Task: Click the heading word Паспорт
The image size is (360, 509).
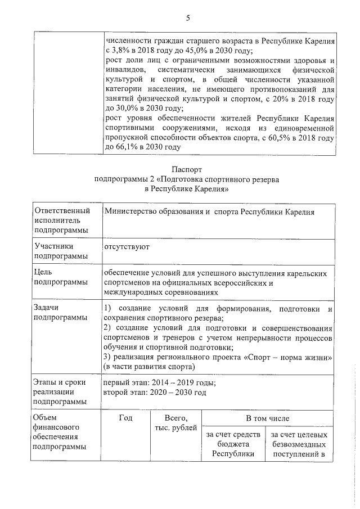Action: pyautogui.click(x=187, y=169)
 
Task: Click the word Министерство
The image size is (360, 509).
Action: pyautogui.click(x=130, y=211)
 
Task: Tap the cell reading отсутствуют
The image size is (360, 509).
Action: pyautogui.click(x=127, y=246)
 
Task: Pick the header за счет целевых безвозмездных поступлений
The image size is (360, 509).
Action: pyautogui.click(x=298, y=444)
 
